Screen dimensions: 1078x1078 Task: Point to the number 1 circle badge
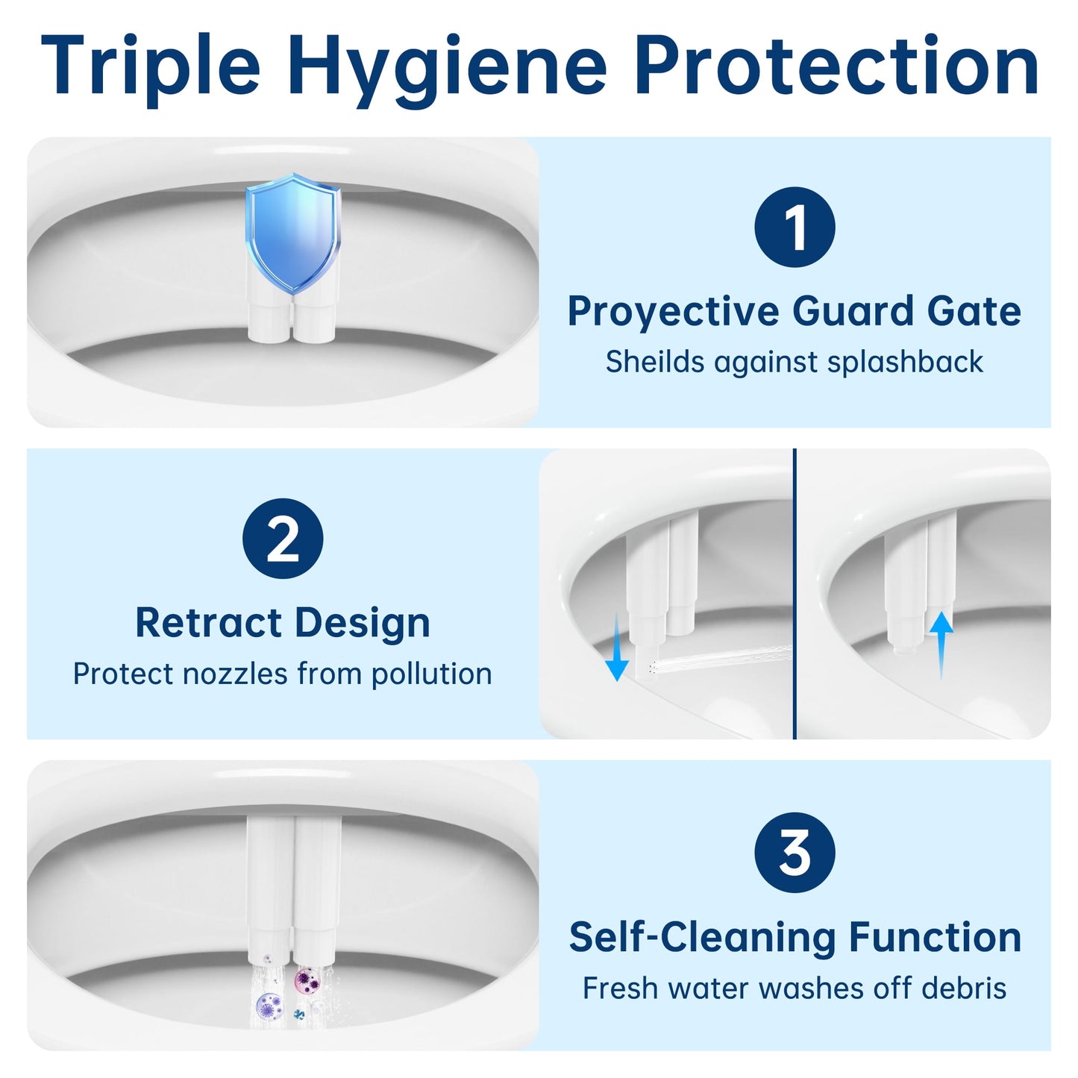tap(795, 227)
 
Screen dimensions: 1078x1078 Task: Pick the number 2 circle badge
tap(283, 539)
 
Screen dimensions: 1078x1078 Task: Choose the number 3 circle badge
tap(795, 852)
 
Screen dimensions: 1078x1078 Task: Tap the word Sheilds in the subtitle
tap(654, 362)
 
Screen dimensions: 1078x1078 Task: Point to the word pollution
tap(431, 674)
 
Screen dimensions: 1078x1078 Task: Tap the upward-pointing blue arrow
tap(941, 643)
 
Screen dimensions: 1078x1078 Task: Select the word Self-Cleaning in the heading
tap(702, 937)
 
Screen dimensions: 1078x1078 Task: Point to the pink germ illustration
tap(306, 980)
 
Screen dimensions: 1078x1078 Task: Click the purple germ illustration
tap(269, 1007)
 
